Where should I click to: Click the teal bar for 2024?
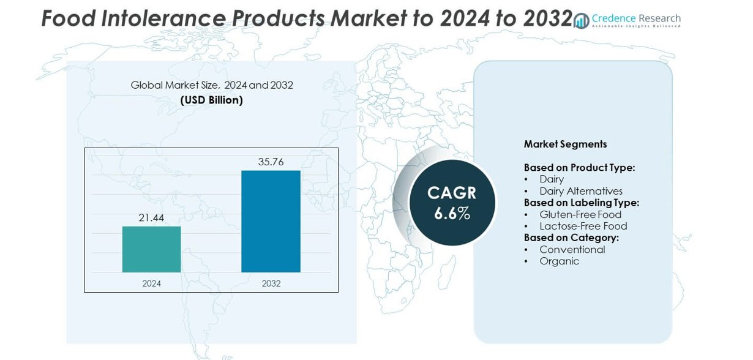(x=151, y=249)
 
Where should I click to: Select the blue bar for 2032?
(x=271, y=221)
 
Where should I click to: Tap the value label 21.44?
(x=151, y=218)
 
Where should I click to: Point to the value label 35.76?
(x=271, y=162)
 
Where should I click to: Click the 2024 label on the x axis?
(x=151, y=283)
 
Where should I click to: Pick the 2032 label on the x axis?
(x=271, y=283)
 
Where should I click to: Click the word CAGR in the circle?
(x=452, y=193)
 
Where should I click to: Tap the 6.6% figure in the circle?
(x=452, y=214)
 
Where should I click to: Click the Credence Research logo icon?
(x=581, y=21)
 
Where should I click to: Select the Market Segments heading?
(x=565, y=144)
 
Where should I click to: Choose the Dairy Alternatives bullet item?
(x=580, y=191)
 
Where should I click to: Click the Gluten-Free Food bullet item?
(x=580, y=215)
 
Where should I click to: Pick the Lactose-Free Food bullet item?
(x=583, y=227)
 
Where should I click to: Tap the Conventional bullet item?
(x=572, y=250)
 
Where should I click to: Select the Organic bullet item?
(x=559, y=261)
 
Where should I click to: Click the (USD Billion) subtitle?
(x=212, y=100)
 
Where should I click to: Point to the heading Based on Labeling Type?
(x=581, y=203)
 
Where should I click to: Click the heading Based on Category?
(x=571, y=238)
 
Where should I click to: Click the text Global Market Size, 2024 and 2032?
(x=212, y=85)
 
